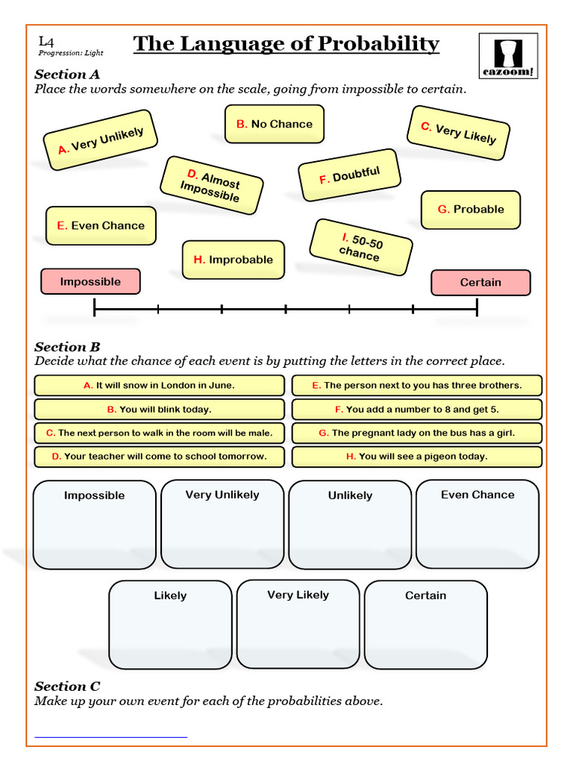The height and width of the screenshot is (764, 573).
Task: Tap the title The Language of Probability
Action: click(x=286, y=44)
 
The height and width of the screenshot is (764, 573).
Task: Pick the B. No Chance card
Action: click(x=274, y=124)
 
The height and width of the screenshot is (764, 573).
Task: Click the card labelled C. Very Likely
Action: click(x=458, y=133)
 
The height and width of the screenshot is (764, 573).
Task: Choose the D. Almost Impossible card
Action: click(x=211, y=184)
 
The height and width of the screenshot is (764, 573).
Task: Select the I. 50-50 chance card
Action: click(x=361, y=247)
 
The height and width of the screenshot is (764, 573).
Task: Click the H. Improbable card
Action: click(x=234, y=260)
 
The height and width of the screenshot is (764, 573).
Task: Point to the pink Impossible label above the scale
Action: click(x=90, y=281)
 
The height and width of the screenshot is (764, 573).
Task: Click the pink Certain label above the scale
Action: click(x=480, y=282)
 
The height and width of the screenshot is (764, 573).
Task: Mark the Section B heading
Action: click(x=67, y=346)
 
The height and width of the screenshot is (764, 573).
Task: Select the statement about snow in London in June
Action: click(x=159, y=386)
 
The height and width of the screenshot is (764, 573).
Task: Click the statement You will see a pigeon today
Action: click(x=416, y=457)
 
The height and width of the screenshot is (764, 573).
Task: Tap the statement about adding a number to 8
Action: click(x=416, y=410)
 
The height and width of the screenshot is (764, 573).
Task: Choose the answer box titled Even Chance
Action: click(x=477, y=524)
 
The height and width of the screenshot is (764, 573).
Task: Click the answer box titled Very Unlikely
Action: click(x=222, y=524)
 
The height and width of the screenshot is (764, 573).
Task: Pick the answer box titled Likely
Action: click(x=170, y=624)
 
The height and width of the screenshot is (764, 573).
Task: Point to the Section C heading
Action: click(x=67, y=686)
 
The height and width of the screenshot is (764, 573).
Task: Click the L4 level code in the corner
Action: click(x=46, y=42)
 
